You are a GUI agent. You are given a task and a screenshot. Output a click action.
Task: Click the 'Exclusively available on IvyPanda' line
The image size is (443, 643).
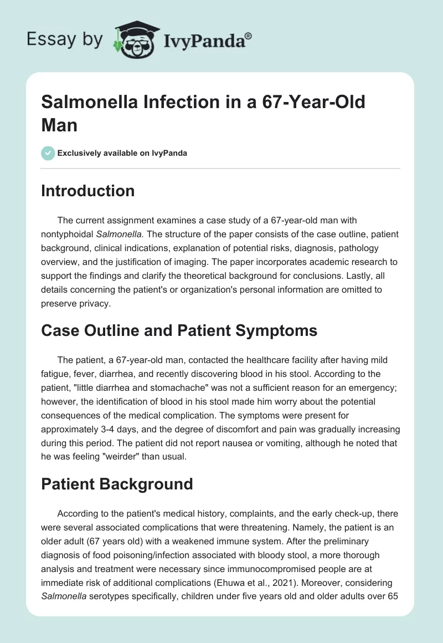tap(122, 153)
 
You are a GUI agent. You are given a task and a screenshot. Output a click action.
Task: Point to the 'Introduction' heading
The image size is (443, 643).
tap(88, 191)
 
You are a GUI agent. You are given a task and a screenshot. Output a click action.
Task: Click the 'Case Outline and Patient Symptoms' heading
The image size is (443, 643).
tap(179, 330)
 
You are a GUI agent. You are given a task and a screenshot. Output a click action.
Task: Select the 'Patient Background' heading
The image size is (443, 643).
tap(117, 483)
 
